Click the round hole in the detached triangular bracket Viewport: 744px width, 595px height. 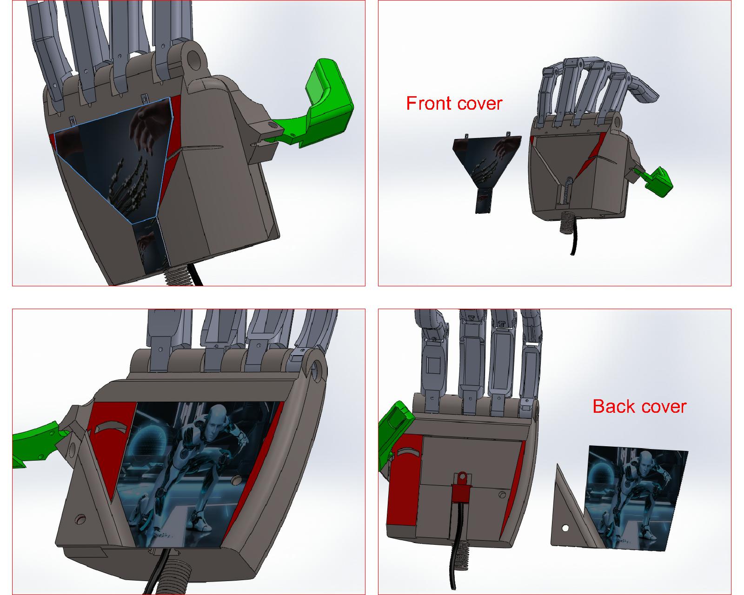tap(565, 528)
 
